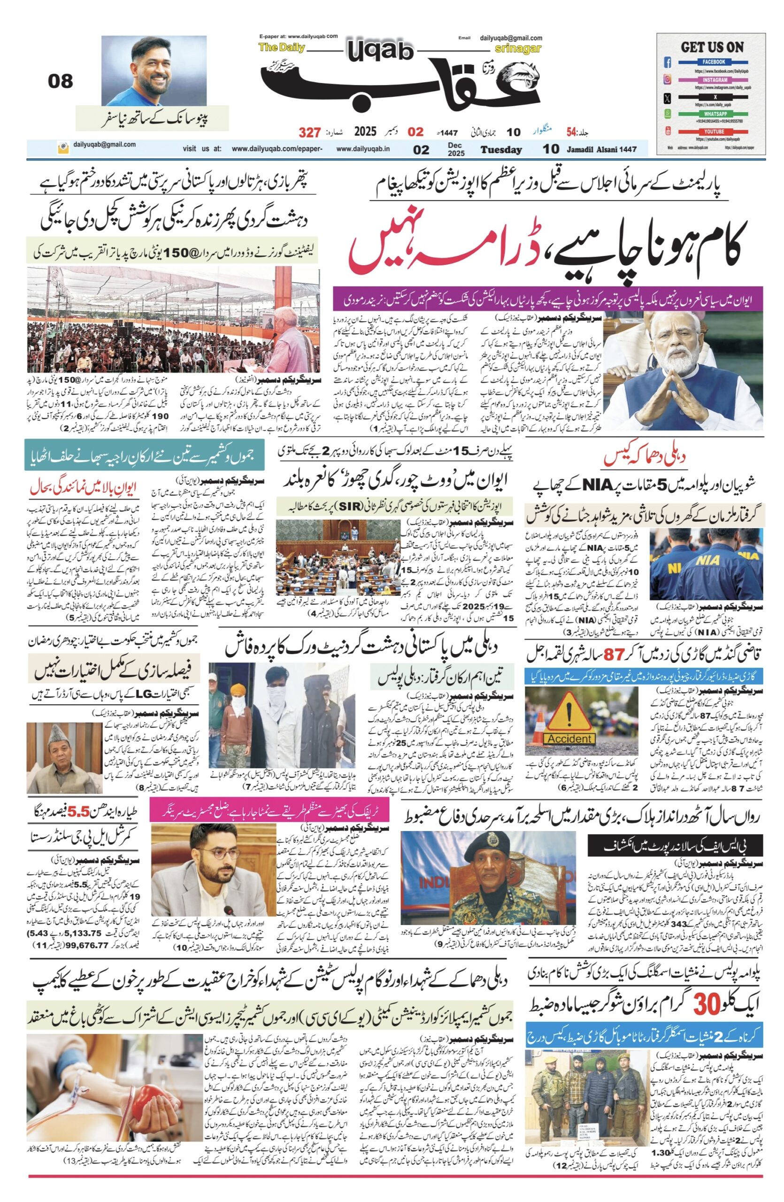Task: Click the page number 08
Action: coord(60,81)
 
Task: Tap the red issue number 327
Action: coord(309,132)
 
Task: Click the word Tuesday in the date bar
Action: coord(500,149)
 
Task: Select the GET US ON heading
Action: coord(712,47)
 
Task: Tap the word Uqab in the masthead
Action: coord(380,51)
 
